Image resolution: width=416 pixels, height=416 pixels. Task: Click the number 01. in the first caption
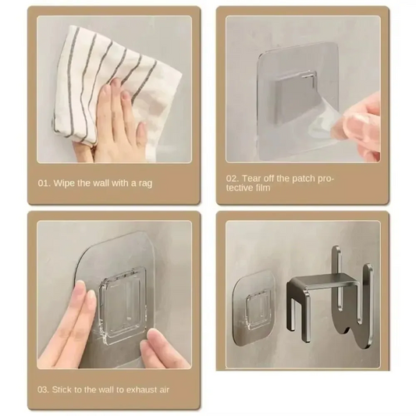[x=44, y=183]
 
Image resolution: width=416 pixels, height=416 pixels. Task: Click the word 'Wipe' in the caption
[x=65, y=183]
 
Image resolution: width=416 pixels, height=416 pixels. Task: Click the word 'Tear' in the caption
[x=255, y=179]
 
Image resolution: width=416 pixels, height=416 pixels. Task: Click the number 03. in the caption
[x=44, y=389]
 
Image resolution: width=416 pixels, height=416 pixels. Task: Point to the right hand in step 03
[x=160, y=350]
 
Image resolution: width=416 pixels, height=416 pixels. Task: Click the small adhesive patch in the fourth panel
[x=254, y=300]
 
